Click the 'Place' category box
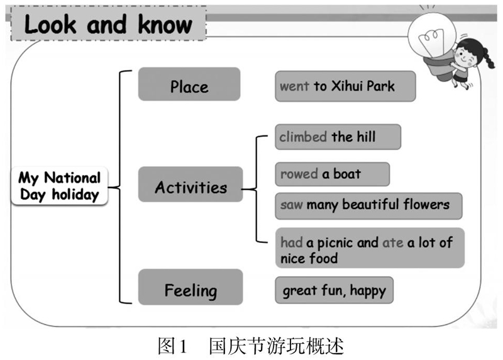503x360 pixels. click(x=189, y=84)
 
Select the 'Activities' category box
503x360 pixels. click(x=191, y=184)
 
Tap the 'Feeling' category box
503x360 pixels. click(x=191, y=287)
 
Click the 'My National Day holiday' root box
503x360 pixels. click(x=59, y=186)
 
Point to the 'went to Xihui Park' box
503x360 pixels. click(x=345, y=86)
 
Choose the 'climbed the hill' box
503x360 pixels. click(x=338, y=137)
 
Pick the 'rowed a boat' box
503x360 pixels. click(x=333, y=174)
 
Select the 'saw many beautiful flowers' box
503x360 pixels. click(x=368, y=206)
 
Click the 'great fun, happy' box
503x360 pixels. click(x=334, y=290)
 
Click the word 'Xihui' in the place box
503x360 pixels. click(x=347, y=86)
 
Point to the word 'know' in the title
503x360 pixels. click(x=165, y=25)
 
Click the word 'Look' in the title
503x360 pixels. click(x=50, y=25)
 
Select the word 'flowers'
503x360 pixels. click(x=426, y=205)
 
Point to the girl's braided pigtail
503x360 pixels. click(x=489, y=58)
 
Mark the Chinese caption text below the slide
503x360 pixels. click(x=251, y=346)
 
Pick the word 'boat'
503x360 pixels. click(x=347, y=174)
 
